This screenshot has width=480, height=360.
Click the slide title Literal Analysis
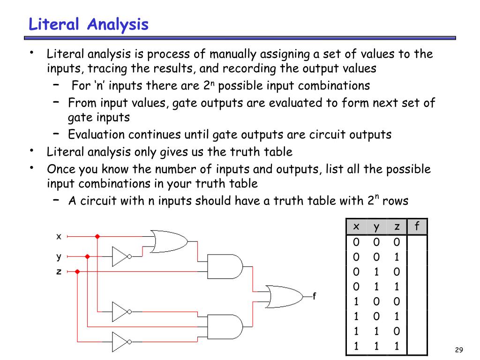tap(89, 24)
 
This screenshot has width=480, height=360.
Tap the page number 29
tap(459, 350)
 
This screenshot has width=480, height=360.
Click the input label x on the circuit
tap(59, 237)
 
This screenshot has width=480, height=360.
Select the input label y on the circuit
tap(59, 256)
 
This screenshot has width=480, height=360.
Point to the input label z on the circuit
tap(59, 271)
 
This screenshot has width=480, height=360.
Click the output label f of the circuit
tap(315, 296)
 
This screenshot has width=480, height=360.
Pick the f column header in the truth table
tap(417, 227)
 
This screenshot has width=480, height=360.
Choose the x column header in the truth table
tap(356, 227)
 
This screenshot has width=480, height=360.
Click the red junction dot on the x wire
tap(97, 237)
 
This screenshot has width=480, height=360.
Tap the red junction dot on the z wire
tap(77, 271)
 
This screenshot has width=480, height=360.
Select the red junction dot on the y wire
tap(87, 256)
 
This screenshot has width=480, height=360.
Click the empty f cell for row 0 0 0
tap(417, 242)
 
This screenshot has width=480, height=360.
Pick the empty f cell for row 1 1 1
tap(417, 346)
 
